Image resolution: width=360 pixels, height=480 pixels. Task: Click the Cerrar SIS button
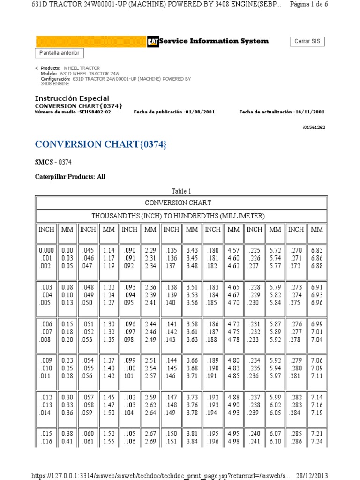(307, 41)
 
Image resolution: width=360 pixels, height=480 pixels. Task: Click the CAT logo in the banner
(152, 42)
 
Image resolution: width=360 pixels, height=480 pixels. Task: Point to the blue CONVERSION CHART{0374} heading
(101, 144)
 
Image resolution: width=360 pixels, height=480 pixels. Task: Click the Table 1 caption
(181, 191)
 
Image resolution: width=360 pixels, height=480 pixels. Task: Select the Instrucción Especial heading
(72, 98)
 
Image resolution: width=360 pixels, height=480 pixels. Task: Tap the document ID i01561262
(313, 127)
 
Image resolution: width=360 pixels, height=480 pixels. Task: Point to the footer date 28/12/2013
(338, 475)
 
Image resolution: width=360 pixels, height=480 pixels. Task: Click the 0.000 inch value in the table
(46, 251)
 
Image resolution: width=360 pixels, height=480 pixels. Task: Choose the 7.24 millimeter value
(317, 442)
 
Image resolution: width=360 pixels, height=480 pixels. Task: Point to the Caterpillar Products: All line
(70, 177)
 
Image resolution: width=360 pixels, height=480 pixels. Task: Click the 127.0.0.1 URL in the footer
(155, 475)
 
